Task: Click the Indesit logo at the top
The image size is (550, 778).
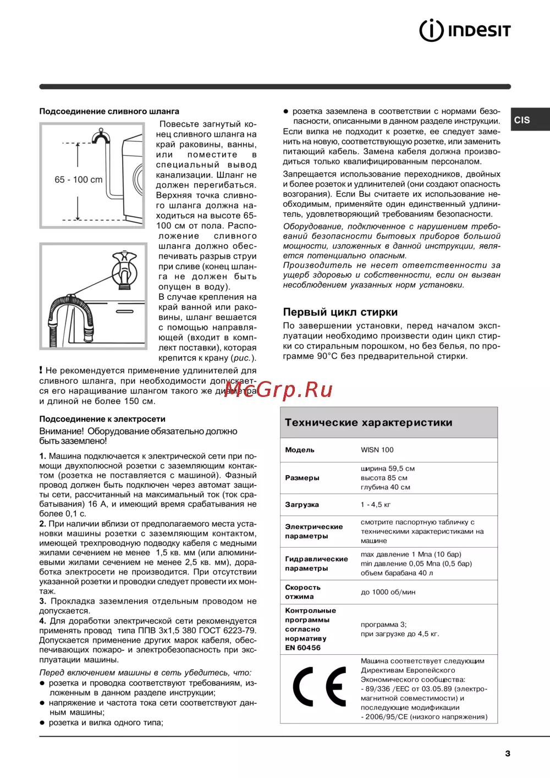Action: point(465,30)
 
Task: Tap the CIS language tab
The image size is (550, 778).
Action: point(522,120)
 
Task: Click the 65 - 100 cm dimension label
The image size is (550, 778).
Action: point(79,180)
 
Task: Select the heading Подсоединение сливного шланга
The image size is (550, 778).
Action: point(109,111)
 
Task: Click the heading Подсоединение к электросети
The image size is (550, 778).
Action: point(102,419)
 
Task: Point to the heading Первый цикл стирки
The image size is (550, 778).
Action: point(340,312)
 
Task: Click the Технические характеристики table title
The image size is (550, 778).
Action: point(369,423)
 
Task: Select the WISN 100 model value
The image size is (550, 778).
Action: point(377,450)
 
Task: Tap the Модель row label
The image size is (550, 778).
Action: point(300,450)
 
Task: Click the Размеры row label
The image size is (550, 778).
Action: point(302,478)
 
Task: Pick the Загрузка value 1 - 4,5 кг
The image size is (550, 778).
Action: point(376,504)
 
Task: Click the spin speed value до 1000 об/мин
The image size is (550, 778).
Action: point(388,592)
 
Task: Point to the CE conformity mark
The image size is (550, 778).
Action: point(319,687)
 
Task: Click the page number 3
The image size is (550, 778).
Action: point(508,753)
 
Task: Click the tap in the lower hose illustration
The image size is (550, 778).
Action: point(125,270)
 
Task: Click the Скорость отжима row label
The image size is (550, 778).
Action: point(302,592)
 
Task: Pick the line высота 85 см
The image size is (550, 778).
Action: point(384,478)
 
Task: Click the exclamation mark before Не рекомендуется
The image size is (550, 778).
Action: point(41,370)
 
